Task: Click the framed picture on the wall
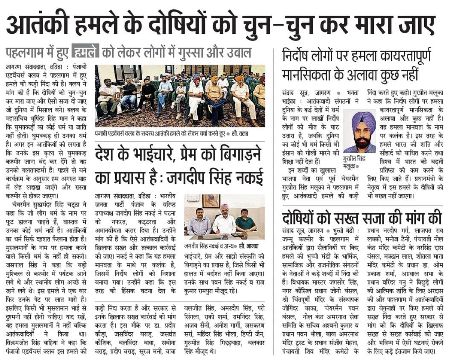coord(211,201)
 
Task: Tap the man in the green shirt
coord(245,221)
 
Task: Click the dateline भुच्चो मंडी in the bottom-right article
coord(340,231)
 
